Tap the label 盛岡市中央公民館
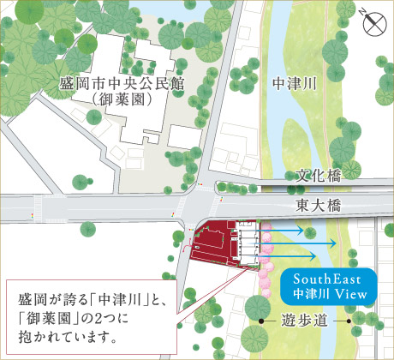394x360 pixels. pyautogui.click(x=124, y=86)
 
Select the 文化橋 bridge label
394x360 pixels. pyautogui.click(x=319, y=176)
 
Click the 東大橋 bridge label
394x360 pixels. pyautogui.click(x=319, y=205)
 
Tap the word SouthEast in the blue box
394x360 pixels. pyautogui.click(x=329, y=280)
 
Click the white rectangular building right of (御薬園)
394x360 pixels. pyautogui.click(x=183, y=136)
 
